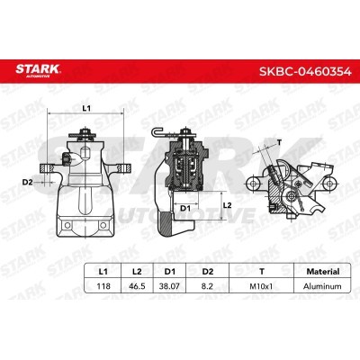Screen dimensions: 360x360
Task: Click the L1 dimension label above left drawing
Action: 86,108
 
